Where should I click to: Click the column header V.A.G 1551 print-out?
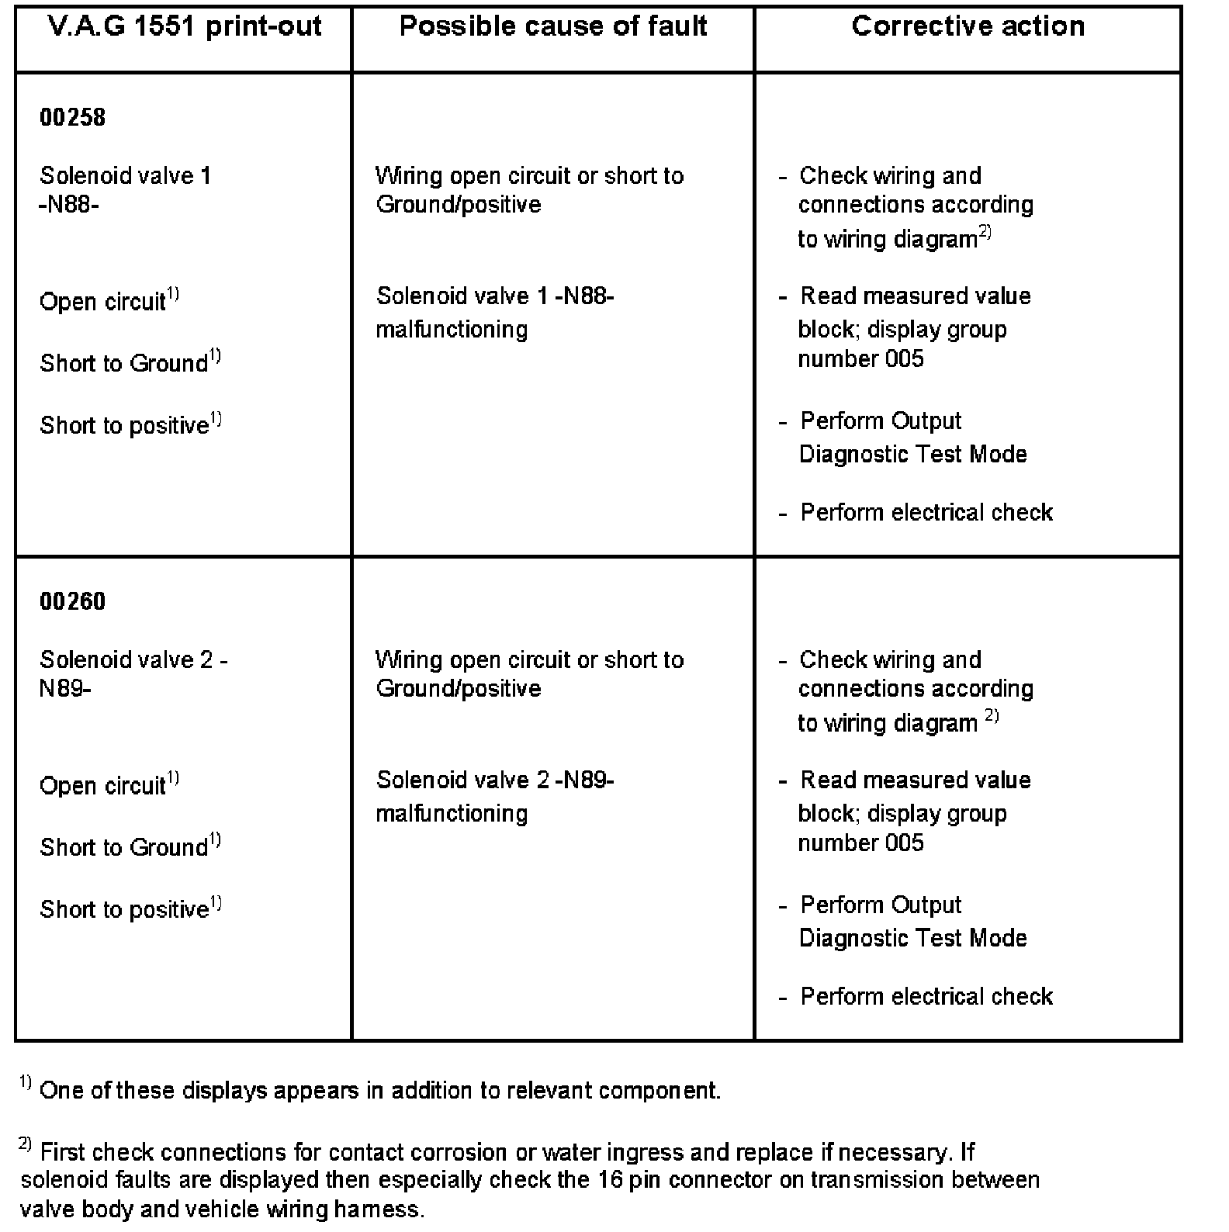tap(185, 27)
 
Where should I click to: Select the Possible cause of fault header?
tap(552, 27)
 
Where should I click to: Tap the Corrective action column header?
tap(968, 27)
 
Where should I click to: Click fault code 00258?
tap(72, 118)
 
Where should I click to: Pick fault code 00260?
tap(72, 602)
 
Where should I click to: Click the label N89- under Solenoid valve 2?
tap(65, 689)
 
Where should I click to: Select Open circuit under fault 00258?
tap(102, 302)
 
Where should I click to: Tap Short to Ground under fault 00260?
tap(124, 847)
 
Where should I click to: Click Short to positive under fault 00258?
tap(124, 426)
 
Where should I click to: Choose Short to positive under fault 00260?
tap(124, 909)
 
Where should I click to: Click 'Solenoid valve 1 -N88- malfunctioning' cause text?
tap(494, 313)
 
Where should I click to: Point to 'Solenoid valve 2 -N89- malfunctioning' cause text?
tap(494, 797)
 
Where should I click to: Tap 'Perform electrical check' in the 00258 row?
tap(926, 513)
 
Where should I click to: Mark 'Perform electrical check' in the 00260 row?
tap(926, 997)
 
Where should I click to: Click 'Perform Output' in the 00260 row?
tap(881, 905)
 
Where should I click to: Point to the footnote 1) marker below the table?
tap(25, 1084)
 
